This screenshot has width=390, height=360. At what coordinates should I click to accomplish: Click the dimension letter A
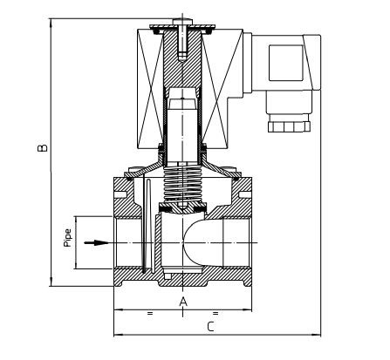(x=183, y=302)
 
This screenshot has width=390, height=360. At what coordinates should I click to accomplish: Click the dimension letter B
(x=43, y=147)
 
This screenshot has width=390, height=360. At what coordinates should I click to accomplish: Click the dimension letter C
(x=210, y=327)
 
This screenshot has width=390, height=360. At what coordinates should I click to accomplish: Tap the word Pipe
(x=68, y=238)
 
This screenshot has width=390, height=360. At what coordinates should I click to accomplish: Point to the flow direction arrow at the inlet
(x=96, y=242)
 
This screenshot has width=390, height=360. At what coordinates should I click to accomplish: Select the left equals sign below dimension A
(x=150, y=313)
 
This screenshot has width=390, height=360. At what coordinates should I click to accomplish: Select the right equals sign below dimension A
(x=216, y=313)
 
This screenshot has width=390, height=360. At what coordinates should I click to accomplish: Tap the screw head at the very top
(x=182, y=22)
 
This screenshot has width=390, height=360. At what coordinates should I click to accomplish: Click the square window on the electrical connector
(x=286, y=63)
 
